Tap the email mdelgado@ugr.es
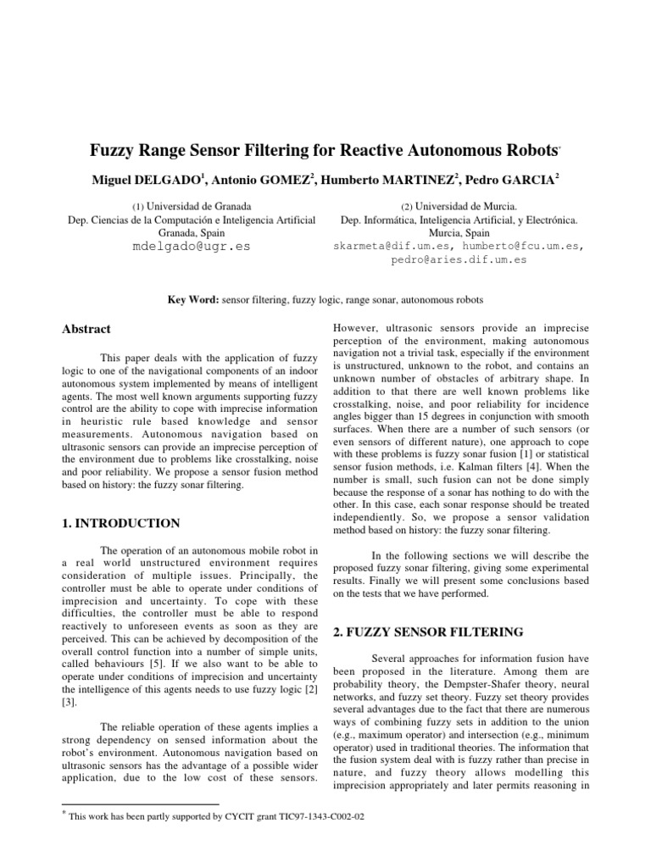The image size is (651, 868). pyautogui.click(x=191, y=247)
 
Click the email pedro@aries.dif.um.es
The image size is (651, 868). pyautogui.click(x=459, y=259)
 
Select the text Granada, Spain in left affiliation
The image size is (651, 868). pyautogui.click(x=191, y=231)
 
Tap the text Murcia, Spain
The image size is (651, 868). pyautogui.click(x=459, y=231)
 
